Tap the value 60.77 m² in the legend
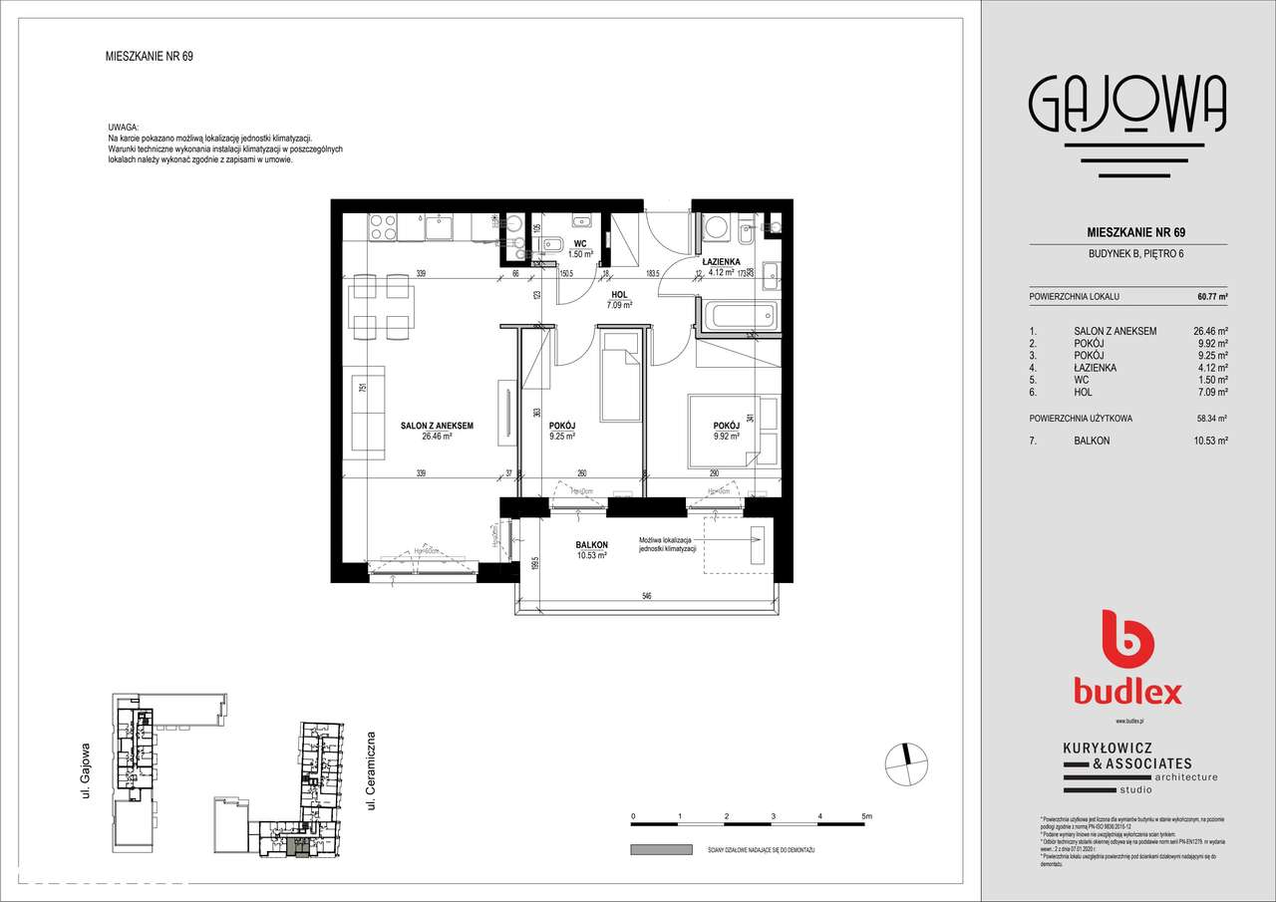(x=1211, y=297)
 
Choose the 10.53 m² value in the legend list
(x=1210, y=440)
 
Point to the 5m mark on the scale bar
(x=866, y=816)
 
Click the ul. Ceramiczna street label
(x=371, y=768)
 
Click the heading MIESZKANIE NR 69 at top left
(x=149, y=57)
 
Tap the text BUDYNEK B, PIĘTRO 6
(x=1127, y=252)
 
